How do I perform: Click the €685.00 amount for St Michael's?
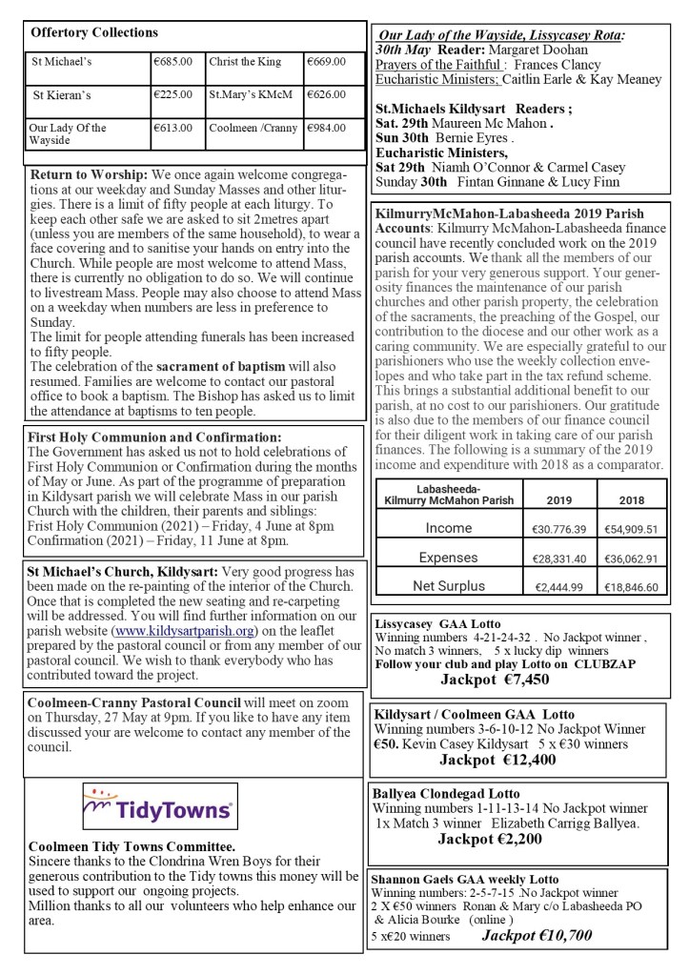pos(172,62)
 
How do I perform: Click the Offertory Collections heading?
pos(94,32)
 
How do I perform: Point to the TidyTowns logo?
pos(159,807)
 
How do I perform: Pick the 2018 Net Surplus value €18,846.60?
pos(630,588)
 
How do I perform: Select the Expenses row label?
pos(448,558)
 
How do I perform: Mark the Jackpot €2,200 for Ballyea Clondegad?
pos(490,840)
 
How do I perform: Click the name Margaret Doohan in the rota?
pos(542,50)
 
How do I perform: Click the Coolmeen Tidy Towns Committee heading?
pos(132,845)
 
